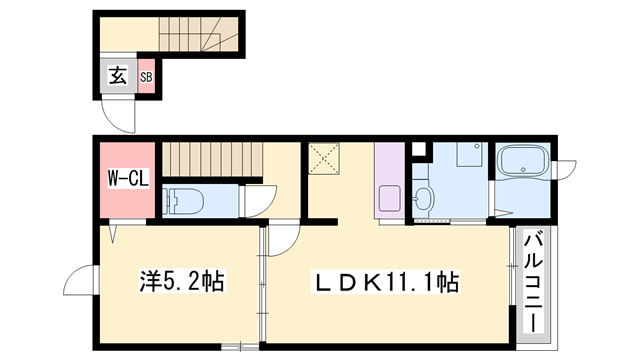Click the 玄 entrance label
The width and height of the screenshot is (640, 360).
(116, 76)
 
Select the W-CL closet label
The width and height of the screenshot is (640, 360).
(127, 180)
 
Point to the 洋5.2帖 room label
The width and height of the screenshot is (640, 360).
(179, 282)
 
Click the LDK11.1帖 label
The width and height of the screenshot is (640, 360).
(390, 282)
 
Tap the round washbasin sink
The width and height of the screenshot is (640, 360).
(425, 197)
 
